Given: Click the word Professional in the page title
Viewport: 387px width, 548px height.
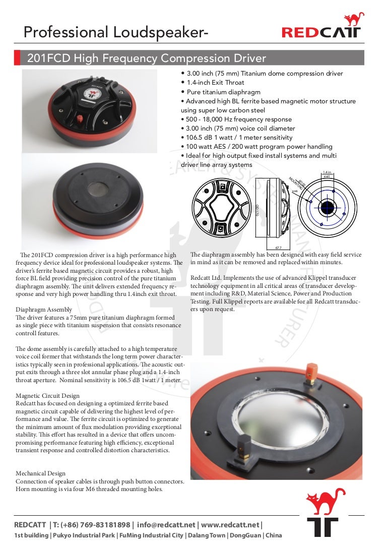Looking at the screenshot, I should pyautogui.click(x=66, y=32).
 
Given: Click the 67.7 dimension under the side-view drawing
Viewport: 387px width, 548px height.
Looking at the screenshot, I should pyautogui.click(x=278, y=248).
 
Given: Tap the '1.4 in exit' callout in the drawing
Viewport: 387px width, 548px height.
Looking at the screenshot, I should pyautogui.click(x=327, y=174).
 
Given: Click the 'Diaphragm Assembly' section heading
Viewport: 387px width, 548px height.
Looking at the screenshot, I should pyautogui.click(x=43, y=310).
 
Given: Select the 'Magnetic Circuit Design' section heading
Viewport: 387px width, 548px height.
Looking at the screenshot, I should pyautogui.click(x=47, y=396).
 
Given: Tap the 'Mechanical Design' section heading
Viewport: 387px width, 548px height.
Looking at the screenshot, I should pyautogui.click(x=40, y=473).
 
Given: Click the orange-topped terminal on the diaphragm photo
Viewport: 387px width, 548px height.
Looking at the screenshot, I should pyautogui.click(x=311, y=373).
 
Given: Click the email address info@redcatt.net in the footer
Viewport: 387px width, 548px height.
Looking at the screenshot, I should pyautogui.click(x=166, y=525).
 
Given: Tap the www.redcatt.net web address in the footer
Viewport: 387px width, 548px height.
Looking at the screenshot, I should pyautogui.click(x=230, y=525).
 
